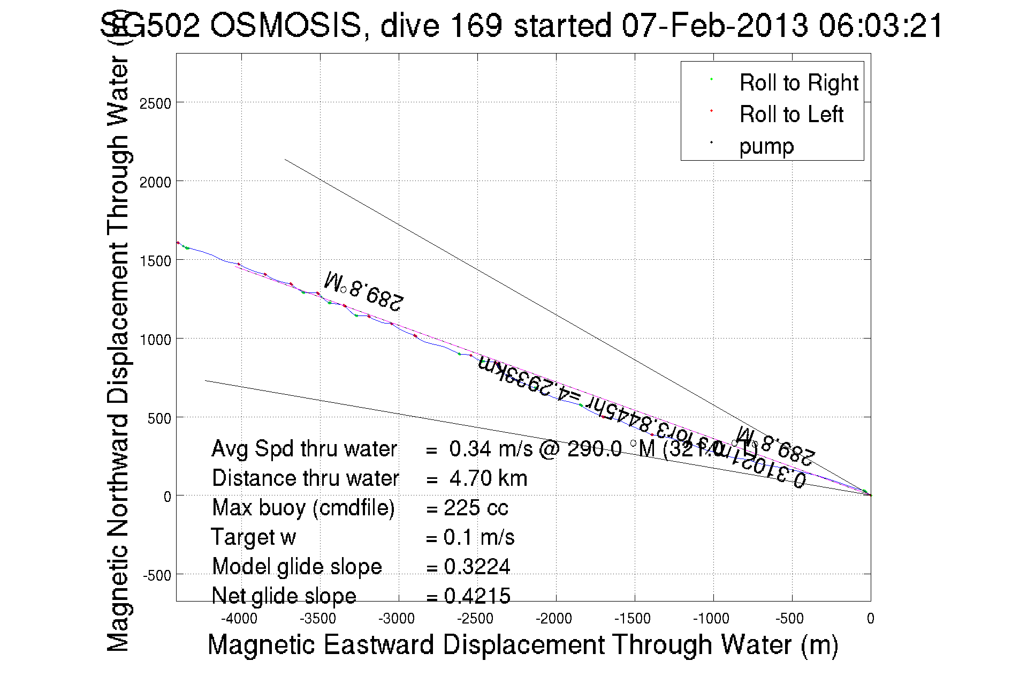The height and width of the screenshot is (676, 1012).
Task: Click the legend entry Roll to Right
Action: [x=798, y=83]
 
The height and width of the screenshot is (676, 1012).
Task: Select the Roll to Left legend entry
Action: [x=791, y=115]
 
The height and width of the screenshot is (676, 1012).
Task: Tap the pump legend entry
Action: [x=766, y=146]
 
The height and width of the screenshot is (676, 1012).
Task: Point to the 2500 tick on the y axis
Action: [x=155, y=103]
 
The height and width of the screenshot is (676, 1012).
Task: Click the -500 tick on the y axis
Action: [x=156, y=576]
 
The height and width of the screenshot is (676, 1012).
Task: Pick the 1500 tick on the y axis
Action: [x=155, y=261]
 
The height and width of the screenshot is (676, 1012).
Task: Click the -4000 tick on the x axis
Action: [x=239, y=619]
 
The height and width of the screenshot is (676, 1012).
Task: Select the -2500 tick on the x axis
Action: [x=475, y=619]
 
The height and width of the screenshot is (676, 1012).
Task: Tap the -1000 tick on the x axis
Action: [x=711, y=619]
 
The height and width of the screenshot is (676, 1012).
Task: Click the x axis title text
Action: [x=522, y=644]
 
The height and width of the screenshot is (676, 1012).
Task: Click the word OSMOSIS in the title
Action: [x=286, y=26]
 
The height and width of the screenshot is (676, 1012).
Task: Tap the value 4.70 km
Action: [x=488, y=478]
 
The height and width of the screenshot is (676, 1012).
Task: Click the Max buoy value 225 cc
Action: [x=476, y=508]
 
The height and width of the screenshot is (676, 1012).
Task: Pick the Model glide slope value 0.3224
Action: [x=477, y=567]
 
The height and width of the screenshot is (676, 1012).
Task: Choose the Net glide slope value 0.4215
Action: [x=477, y=596]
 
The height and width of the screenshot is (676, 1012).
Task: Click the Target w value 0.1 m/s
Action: [x=479, y=537]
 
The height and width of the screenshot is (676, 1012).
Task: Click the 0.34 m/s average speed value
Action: [x=491, y=449]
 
